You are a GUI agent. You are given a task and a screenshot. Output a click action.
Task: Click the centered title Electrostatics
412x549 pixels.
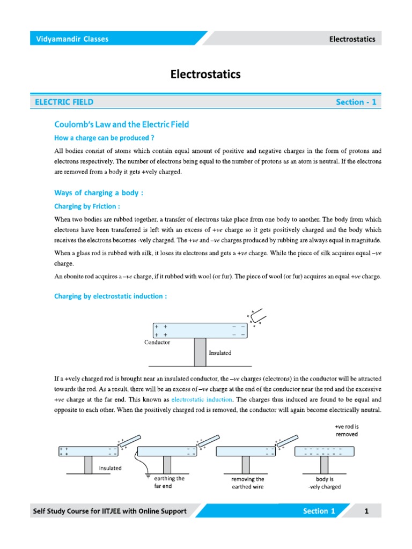click(x=205, y=75)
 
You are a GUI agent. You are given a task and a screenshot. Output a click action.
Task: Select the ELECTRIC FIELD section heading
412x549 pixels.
click(x=64, y=102)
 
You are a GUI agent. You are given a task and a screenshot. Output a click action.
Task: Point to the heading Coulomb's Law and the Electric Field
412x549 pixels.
click(x=122, y=124)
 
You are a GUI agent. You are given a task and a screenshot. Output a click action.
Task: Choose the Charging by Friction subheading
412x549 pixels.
click(x=87, y=206)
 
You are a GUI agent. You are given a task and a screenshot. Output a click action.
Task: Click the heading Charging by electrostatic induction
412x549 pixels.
click(x=111, y=296)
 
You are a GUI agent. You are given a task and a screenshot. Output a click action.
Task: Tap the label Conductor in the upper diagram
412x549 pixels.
click(x=157, y=342)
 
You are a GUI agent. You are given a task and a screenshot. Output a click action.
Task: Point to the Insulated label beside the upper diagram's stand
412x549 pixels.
click(x=220, y=353)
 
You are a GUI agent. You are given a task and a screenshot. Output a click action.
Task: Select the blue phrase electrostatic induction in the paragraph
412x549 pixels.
click(x=202, y=399)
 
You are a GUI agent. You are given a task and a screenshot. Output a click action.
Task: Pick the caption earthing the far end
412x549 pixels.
click(x=169, y=483)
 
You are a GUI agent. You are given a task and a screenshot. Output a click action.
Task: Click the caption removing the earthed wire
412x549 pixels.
click(x=248, y=483)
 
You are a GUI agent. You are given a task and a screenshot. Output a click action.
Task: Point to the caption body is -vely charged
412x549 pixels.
click(x=325, y=483)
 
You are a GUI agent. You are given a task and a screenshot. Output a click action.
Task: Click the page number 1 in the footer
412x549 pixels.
click(x=367, y=511)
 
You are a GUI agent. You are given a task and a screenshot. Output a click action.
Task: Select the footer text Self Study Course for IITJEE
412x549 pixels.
click(x=109, y=511)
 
